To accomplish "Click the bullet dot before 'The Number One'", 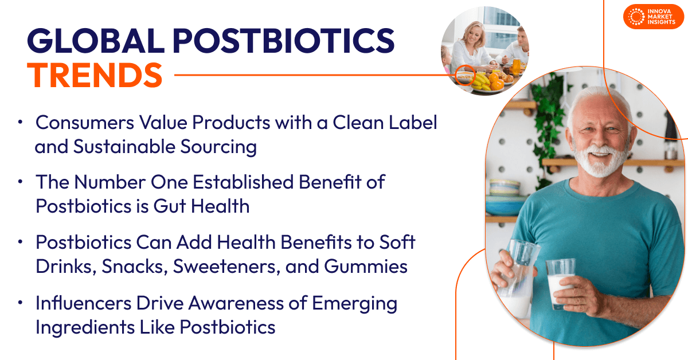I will click(x=21, y=182).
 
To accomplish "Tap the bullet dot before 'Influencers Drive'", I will click(x=21, y=302).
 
